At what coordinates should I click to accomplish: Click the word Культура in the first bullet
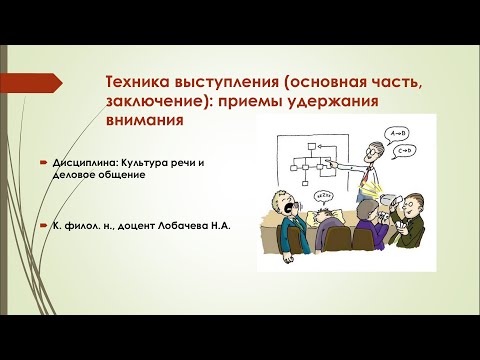pos(156,161)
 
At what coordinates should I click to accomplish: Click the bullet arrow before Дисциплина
pos(43,161)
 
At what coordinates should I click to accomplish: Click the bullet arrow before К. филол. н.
pos(43,226)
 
